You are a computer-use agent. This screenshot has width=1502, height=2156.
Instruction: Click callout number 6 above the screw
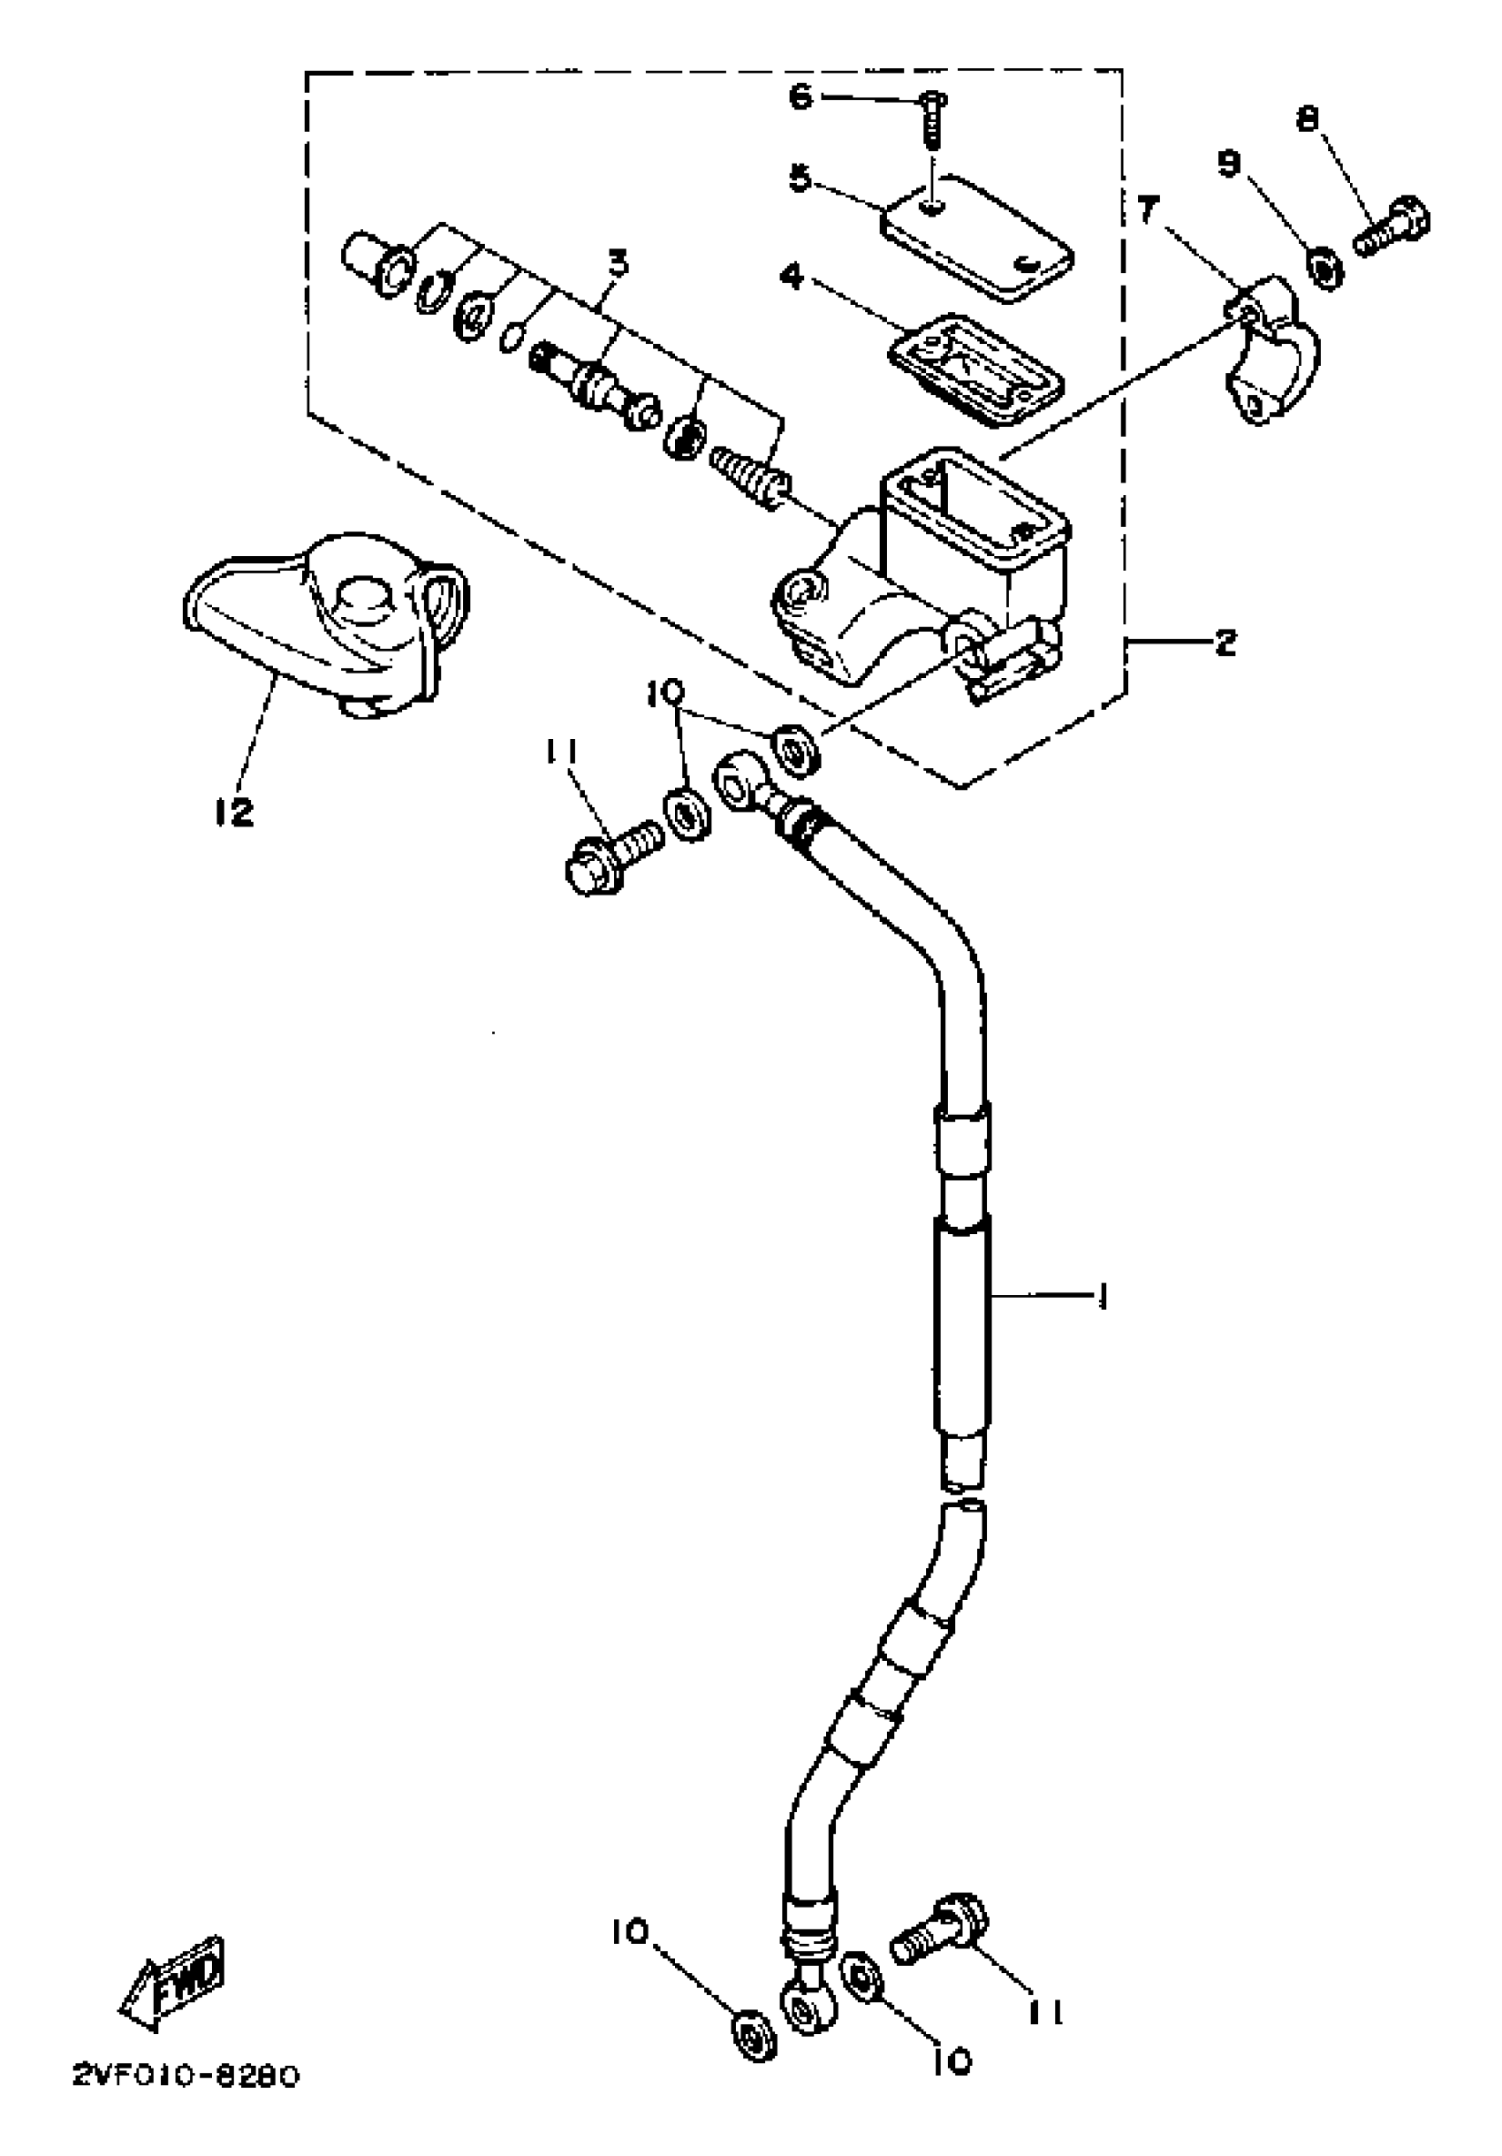(x=799, y=95)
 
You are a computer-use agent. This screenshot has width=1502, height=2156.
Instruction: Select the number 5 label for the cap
(x=799, y=178)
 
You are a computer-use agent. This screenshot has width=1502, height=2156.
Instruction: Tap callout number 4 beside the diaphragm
(x=793, y=277)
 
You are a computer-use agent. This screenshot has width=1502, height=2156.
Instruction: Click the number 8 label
(x=1307, y=118)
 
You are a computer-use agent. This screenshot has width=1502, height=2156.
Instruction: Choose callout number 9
(x=1229, y=164)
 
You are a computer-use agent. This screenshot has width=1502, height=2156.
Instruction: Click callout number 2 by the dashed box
(x=1225, y=643)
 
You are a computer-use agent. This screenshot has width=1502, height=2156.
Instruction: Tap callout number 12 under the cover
(x=234, y=811)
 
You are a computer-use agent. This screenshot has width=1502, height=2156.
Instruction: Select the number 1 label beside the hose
(x=1103, y=1297)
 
